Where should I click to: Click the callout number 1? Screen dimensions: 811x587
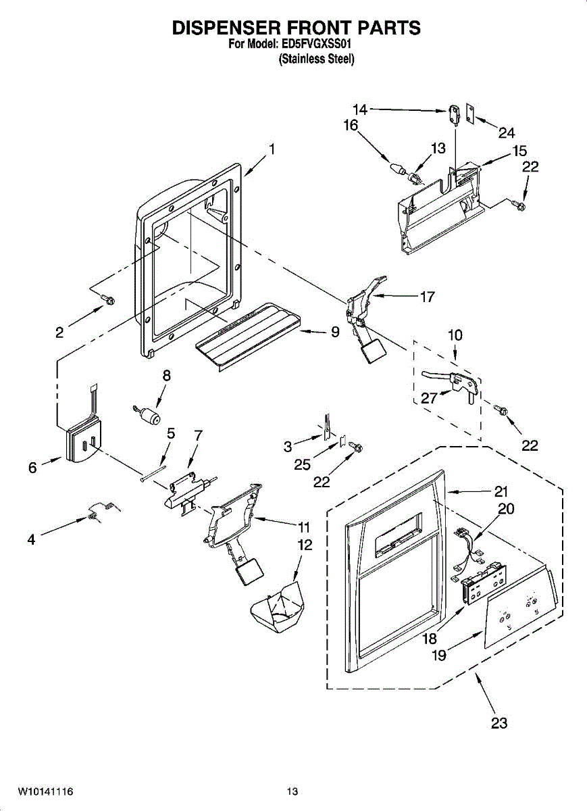pyautogui.click(x=272, y=149)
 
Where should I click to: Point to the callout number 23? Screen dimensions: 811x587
pyautogui.click(x=499, y=723)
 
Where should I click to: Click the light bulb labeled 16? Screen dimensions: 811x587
pyautogui.click(x=395, y=166)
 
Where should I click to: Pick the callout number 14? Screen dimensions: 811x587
pyautogui.click(x=359, y=109)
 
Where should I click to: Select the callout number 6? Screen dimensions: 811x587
pyautogui.click(x=32, y=468)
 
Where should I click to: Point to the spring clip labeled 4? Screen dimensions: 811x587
pyautogui.click(x=97, y=513)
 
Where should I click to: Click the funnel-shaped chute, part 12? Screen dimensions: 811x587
pyautogui.click(x=277, y=604)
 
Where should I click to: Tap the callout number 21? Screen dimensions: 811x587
pyautogui.click(x=501, y=491)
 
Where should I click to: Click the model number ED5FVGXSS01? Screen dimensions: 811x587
pyautogui.click(x=317, y=45)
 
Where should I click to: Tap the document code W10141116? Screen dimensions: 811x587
pyautogui.click(x=46, y=791)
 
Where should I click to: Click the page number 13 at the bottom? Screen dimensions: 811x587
pyautogui.click(x=292, y=791)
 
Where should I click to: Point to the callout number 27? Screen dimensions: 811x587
pyautogui.click(x=430, y=398)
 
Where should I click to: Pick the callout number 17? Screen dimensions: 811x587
pyautogui.click(x=427, y=296)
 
